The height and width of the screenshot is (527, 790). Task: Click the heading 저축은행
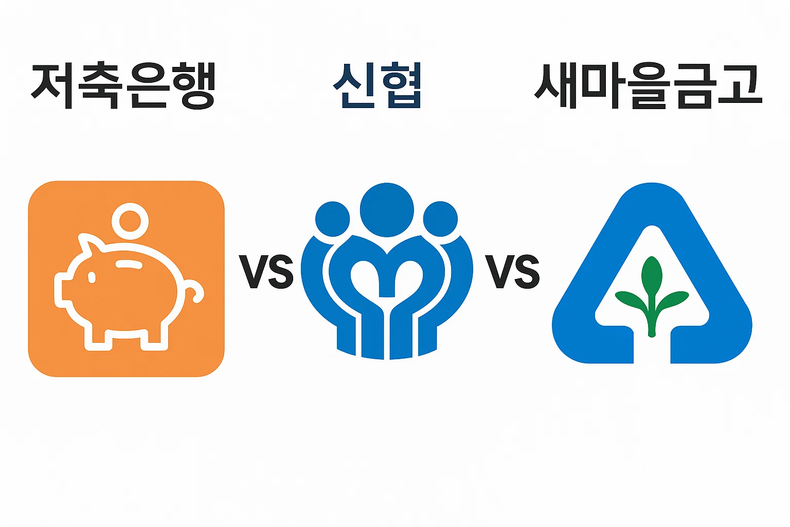click(x=122, y=85)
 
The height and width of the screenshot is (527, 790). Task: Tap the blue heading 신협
click(x=377, y=85)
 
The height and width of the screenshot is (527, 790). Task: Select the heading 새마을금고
click(x=648, y=85)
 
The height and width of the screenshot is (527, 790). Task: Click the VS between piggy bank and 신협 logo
click(x=266, y=271)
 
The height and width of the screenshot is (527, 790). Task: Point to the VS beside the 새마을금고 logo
click(x=512, y=271)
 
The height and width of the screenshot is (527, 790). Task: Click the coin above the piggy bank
click(x=130, y=221)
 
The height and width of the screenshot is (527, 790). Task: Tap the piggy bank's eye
click(x=92, y=278)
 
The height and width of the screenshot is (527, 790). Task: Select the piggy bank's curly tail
click(x=194, y=291)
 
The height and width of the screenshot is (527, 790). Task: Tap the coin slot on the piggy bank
click(x=129, y=265)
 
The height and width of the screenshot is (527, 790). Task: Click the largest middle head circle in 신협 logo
click(x=387, y=210)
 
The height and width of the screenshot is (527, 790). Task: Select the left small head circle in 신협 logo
click(x=332, y=219)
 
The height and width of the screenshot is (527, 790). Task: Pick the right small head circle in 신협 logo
click(x=440, y=219)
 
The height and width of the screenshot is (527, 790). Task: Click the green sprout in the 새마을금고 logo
click(x=652, y=296)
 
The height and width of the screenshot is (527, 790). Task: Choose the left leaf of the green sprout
click(x=630, y=301)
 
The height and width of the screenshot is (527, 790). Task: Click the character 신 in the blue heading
click(x=354, y=85)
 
